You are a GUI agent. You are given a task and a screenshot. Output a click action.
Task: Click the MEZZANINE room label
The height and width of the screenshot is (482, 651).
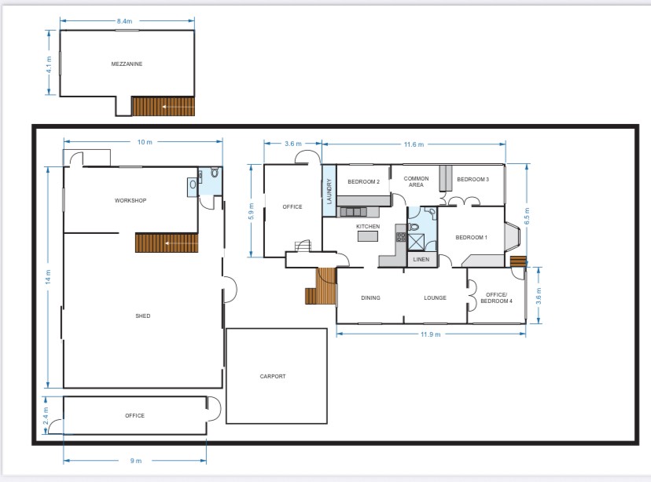click(127, 64)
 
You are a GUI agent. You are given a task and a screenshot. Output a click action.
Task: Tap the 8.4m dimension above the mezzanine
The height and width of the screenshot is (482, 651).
click(124, 21)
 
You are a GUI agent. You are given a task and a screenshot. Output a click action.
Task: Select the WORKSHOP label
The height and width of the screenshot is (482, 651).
click(131, 200)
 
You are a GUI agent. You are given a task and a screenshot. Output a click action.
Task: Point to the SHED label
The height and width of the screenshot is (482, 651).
click(143, 316)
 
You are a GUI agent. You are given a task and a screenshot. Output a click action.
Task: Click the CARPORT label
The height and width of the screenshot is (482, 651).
click(273, 376)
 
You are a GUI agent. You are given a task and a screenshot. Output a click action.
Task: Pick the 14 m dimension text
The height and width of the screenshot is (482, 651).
click(48, 276)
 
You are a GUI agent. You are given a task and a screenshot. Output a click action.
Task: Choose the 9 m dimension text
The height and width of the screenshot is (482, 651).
click(136, 461)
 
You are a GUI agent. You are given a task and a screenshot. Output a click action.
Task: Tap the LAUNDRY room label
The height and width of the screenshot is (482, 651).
click(329, 191)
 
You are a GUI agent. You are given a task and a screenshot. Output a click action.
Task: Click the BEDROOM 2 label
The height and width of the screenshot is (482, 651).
click(364, 181)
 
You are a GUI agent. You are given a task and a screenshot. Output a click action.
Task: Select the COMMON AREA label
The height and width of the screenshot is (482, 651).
click(417, 181)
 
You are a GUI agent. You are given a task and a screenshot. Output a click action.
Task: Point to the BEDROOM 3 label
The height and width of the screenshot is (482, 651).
click(473, 179)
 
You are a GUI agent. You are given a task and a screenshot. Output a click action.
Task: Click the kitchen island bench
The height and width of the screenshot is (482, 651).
click(368, 236)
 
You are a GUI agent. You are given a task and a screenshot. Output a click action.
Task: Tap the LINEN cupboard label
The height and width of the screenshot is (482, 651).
click(421, 259)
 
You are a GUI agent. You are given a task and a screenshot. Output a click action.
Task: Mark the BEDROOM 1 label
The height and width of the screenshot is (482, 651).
click(471, 238)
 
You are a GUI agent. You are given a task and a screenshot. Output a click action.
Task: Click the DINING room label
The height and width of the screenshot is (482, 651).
click(371, 298)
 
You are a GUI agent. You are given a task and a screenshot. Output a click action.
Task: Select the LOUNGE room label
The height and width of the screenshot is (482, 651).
click(435, 298)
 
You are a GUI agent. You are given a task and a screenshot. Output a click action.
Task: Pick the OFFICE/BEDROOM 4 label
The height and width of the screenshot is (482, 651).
click(497, 298)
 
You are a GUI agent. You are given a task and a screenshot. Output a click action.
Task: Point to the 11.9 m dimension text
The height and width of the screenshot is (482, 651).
click(431, 334)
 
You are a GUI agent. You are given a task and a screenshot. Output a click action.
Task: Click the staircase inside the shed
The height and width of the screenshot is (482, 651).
click(167, 243)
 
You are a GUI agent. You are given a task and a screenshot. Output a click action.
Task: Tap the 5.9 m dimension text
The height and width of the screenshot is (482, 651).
click(251, 211)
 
